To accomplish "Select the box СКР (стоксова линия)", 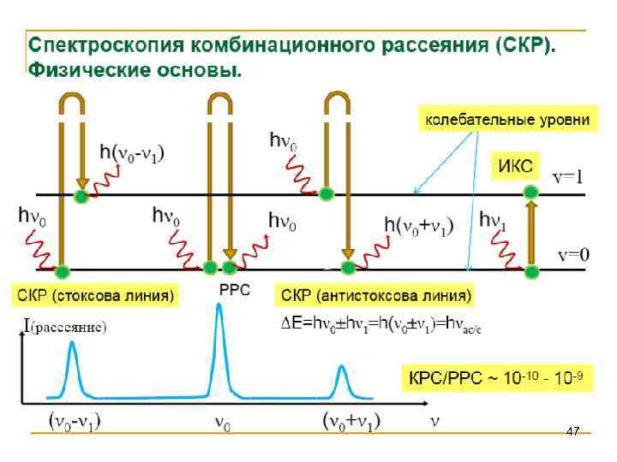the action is pyautogui.click(x=94, y=297).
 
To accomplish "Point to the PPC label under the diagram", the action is pyautogui.click(x=235, y=291).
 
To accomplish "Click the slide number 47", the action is pyautogui.click(x=573, y=431).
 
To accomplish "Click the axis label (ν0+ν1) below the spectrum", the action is pyautogui.click(x=351, y=421).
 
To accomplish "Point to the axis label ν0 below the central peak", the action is pyautogui.click(x=221, y=423).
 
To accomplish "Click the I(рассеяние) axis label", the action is pyautogui.click(x=64, y=325).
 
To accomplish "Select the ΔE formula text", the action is pyautogui.click(x=381, y=323).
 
